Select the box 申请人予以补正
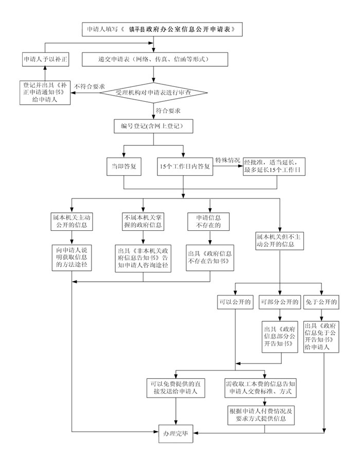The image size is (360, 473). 45,60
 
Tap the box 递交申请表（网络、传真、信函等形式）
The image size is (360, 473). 153,60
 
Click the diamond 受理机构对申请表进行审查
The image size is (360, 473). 153,92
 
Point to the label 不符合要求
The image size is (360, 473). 87,85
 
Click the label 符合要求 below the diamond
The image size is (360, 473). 167,110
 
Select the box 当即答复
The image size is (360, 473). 123,167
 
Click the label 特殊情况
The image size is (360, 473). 228,160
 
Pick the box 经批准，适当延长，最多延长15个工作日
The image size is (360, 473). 275,165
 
